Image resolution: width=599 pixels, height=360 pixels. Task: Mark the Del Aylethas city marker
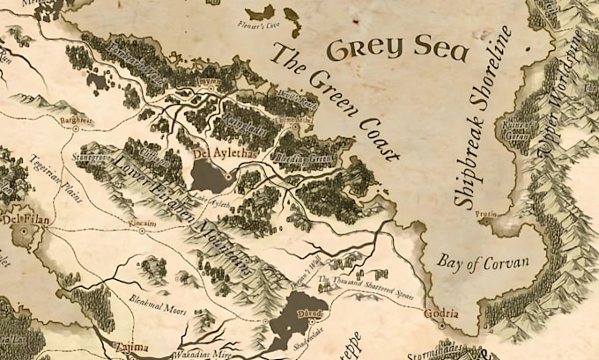(x=227, y=176)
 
